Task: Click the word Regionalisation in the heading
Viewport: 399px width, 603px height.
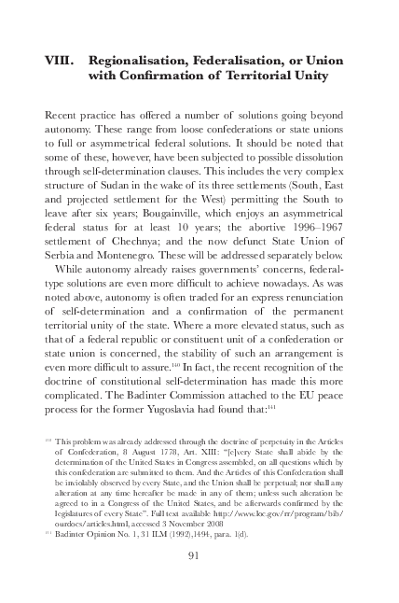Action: [144, 60]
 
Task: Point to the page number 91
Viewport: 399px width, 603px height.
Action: [195, 557]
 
